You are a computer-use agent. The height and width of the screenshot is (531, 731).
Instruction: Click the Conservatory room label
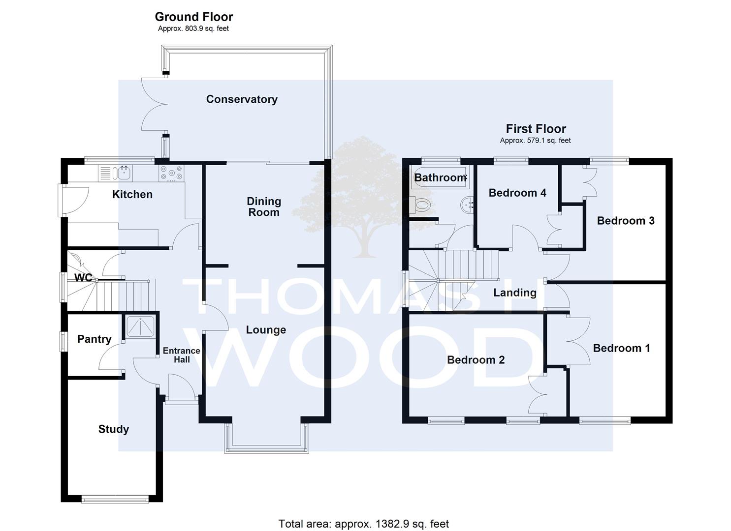coord(242,99)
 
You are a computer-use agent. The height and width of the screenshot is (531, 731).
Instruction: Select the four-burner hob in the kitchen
coord(171,173)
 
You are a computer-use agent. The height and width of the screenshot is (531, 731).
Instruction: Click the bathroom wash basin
coord(467,205)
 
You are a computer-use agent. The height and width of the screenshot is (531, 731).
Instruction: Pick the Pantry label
coord(95,339)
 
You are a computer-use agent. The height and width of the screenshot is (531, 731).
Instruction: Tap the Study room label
coord(114,429)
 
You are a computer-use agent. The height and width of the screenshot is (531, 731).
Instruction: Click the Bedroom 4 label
coord(517,193)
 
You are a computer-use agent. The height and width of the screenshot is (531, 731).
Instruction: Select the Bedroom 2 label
coord(476,360)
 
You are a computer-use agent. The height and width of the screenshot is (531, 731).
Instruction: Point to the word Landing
coord(514,293)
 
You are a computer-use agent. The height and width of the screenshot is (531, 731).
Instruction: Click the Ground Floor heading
coord(194,17)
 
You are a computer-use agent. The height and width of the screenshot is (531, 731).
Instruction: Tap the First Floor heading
coord(536,129)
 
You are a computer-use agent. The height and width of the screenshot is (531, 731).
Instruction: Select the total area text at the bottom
coord(364,524)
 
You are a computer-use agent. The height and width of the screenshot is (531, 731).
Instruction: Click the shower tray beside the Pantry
coord(140,326)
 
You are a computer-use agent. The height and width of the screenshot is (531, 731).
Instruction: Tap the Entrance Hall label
coord(182,355)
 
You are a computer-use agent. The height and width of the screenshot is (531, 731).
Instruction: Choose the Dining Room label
coord(264,207)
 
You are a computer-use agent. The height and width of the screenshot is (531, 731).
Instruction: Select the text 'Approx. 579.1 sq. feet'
coord(535,141)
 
